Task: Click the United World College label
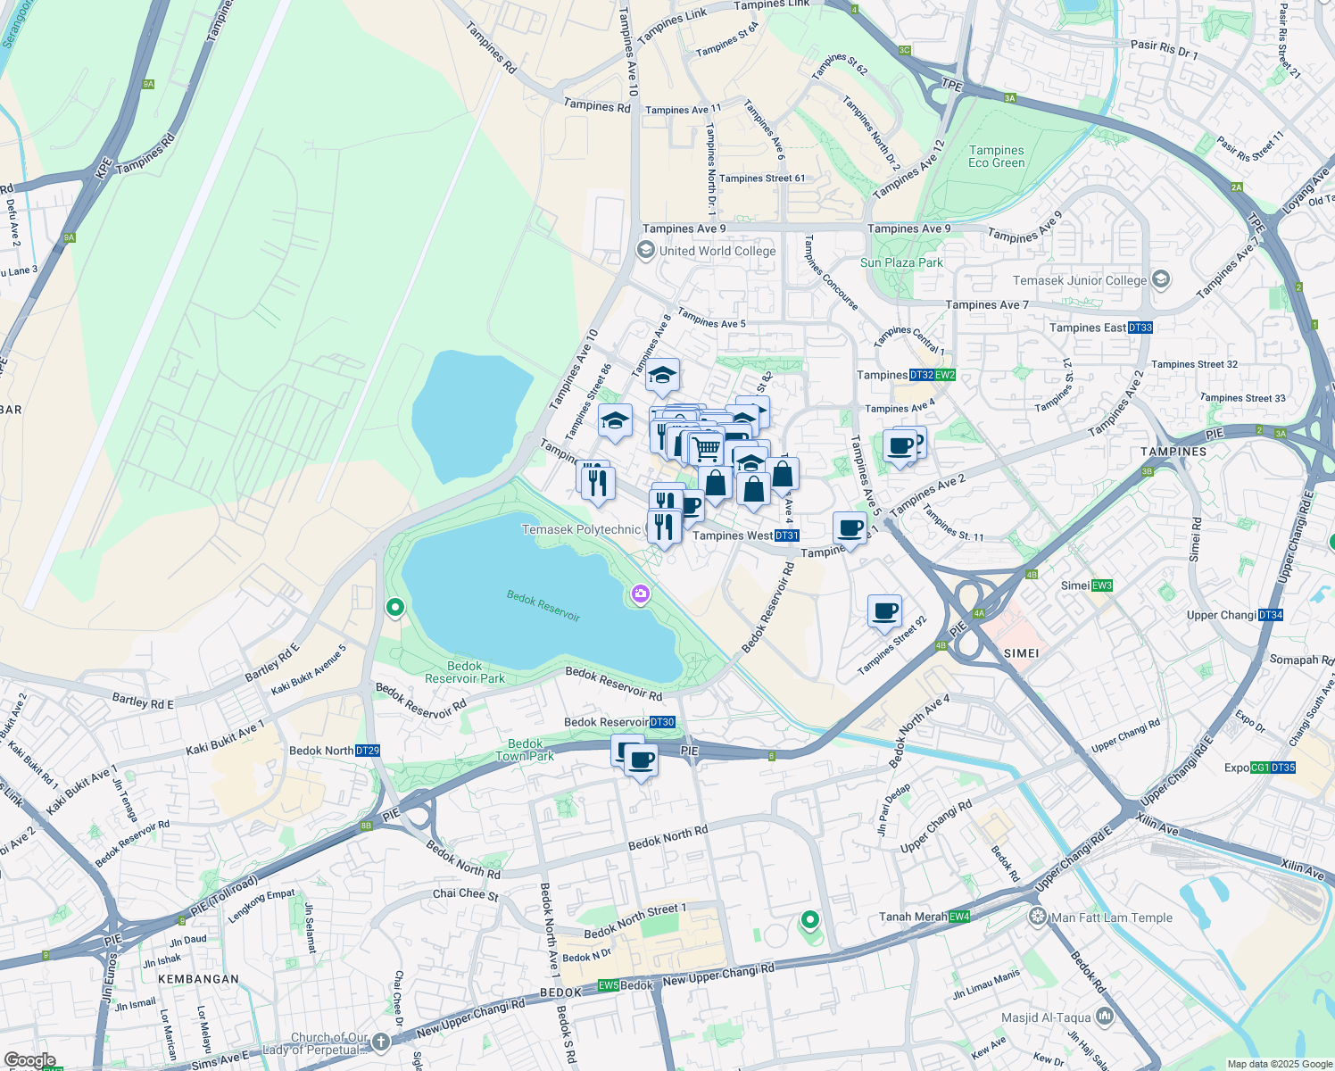(x=717, y=251)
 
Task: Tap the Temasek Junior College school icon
(x=1160, y=279)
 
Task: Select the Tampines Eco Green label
(x=997, y=157)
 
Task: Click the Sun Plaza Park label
(x=901, y=262)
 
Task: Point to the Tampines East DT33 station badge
(x=1140, y=328)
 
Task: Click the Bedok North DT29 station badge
(x=368, y=751)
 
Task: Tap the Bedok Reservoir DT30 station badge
(x=662, y=722)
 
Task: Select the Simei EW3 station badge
(x=1102, y=585)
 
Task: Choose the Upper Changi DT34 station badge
(x=1271, y=615)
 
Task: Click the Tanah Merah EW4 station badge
(x=959, y=917)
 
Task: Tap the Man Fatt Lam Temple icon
(x=1037, y=917)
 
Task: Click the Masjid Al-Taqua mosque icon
(x=1105, y=1017)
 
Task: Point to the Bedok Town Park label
(x=525, y=750)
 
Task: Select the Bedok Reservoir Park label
(x=464, y=672)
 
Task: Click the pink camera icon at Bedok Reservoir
(x=640, y=594)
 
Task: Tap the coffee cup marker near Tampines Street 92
(x=884, y=612)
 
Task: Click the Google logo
(x=29, y=1060)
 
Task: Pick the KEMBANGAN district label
(x=198, y=979)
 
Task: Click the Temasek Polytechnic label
(x=581, y=529)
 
